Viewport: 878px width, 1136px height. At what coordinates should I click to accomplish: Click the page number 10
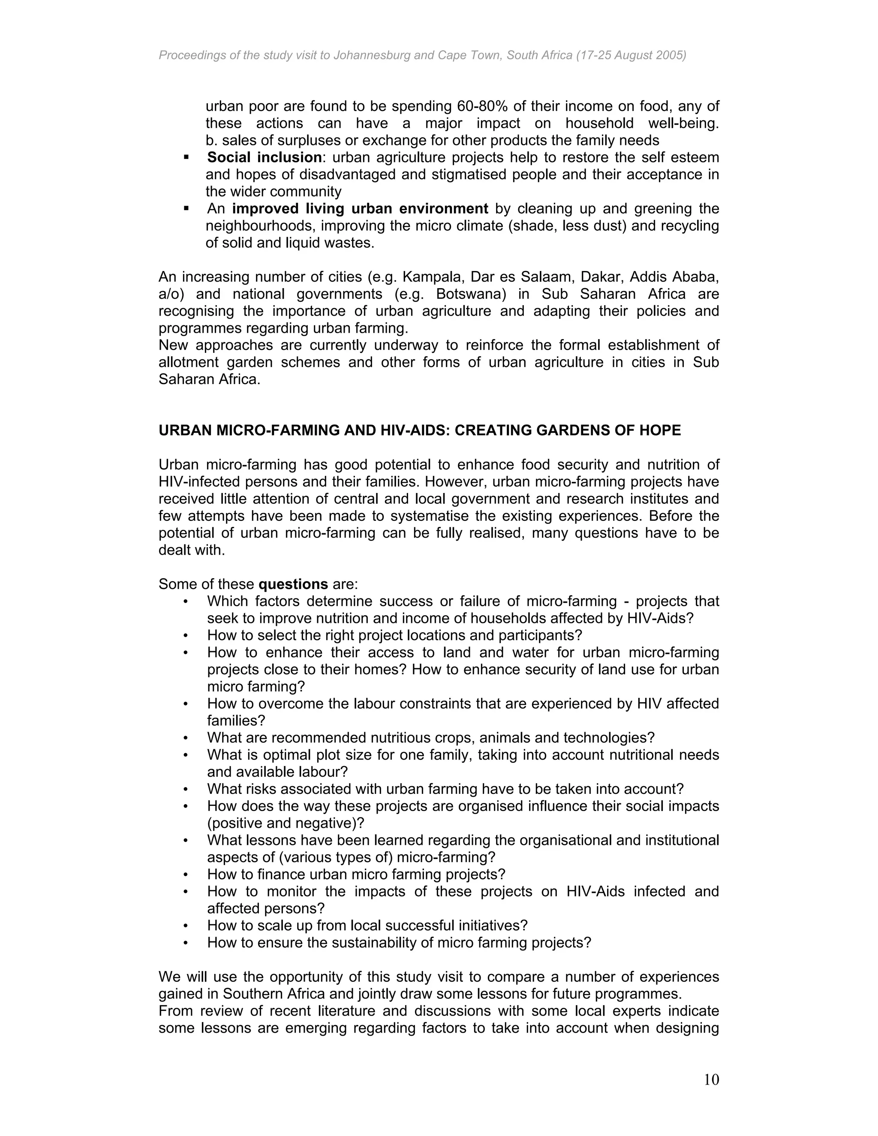711,1080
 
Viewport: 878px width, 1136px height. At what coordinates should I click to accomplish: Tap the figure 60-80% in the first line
482,106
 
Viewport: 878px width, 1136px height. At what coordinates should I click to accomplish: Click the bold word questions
293,584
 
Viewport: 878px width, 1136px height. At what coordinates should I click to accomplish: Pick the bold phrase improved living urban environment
360,209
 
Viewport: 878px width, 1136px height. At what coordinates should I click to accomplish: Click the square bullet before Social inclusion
186,157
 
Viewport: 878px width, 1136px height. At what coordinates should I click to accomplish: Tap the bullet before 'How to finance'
186,875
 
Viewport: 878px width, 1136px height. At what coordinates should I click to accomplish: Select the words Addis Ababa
676,277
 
